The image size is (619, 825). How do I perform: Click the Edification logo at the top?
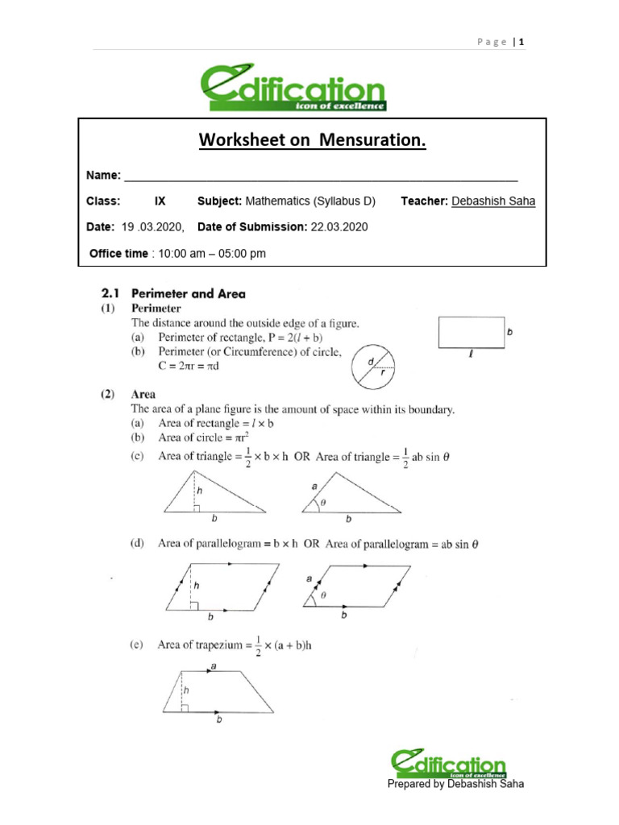click(293, 89)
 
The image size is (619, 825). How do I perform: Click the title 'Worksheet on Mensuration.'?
click(312, 141)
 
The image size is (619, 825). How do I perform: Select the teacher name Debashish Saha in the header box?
click(493, 201)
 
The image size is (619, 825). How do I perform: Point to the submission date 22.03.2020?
click(339, 227)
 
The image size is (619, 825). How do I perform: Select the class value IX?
click(160, 201)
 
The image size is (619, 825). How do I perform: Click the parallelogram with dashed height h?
click(222, 588)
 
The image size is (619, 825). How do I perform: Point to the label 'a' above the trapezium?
click(212, 665)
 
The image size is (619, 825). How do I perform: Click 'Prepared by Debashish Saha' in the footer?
click(455, 784)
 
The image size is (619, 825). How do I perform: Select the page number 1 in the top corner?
click(522, 42)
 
